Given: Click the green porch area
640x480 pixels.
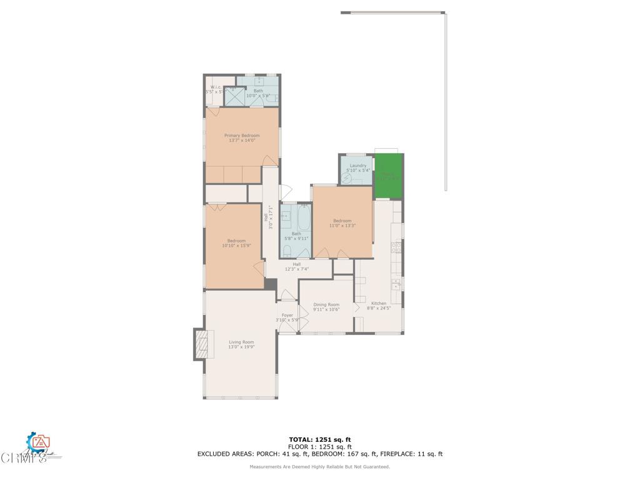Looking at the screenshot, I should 387,176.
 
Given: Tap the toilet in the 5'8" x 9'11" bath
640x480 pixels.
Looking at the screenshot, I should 286,251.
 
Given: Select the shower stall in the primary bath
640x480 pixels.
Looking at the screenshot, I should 234,96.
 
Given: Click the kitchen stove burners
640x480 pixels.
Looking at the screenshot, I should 395,246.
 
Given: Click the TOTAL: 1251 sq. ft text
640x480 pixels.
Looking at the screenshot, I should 320,439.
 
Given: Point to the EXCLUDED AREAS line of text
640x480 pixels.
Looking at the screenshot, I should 320,454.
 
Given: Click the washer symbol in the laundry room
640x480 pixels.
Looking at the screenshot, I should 347,177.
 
